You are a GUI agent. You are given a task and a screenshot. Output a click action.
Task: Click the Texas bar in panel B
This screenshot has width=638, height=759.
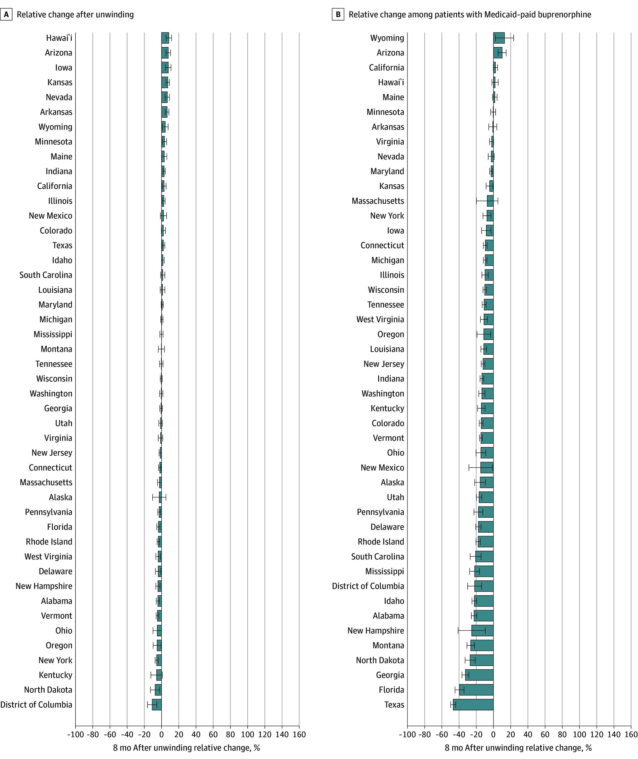473,705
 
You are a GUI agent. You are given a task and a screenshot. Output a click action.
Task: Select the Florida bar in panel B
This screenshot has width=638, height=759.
476,690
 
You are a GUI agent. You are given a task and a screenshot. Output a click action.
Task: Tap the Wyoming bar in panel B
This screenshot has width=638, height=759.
499,38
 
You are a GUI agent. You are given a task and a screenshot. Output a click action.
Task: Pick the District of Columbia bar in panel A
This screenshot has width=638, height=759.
157,705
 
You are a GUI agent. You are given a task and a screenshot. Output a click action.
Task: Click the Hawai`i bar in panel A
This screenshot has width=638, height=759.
165,38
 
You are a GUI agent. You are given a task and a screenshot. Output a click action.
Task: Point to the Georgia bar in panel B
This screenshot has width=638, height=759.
479,675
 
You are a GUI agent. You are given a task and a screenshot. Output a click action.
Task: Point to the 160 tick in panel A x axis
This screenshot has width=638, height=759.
299,734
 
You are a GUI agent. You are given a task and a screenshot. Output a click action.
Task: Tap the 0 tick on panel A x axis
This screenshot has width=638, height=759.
161,734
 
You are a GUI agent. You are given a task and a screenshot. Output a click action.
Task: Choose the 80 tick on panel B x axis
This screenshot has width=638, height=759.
562,734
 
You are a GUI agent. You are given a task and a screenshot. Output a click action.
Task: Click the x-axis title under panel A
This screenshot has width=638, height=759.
186,748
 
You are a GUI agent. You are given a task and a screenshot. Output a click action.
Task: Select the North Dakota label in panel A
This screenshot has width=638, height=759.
48,690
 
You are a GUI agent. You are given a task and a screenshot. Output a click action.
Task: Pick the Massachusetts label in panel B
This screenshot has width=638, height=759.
378,201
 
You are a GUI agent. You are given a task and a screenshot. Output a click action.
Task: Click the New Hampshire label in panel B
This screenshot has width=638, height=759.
375,630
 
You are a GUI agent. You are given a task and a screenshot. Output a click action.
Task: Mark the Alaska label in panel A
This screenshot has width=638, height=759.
60,497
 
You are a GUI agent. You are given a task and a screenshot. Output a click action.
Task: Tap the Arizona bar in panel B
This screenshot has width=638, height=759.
498,53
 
